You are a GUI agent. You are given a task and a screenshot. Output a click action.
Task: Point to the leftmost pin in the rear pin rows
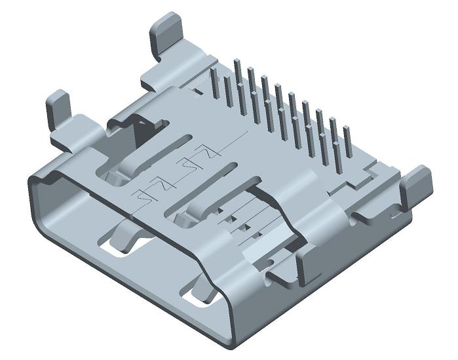coord(213,83)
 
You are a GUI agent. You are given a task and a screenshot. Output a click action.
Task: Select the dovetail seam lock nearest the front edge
coord(149,193)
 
